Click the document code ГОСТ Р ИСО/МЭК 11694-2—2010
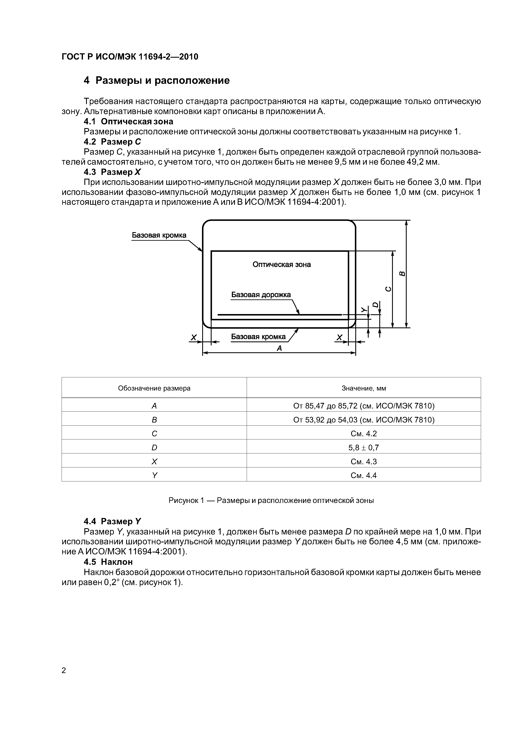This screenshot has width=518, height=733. point(129,56)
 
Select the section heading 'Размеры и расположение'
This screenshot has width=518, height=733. point(163,80)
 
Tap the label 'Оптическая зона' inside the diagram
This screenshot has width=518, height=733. point(282,264)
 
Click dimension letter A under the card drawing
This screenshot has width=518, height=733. point(279,348)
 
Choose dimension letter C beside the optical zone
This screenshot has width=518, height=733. point(388,289)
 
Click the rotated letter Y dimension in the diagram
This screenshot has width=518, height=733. point(363,309)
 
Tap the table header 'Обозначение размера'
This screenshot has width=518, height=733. point(154,388)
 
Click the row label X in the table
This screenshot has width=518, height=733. point(154,462)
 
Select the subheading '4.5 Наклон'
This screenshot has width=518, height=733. point(108,562)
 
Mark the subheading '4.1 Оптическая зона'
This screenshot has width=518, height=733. point(128,121)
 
